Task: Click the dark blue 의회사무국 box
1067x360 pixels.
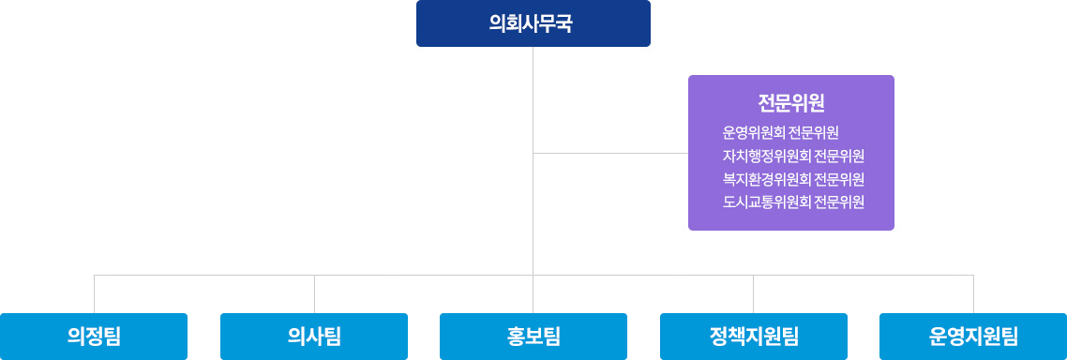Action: coord(533,23)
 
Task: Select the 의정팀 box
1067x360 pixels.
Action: coord(94,336)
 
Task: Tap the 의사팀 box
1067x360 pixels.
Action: coord(314,336)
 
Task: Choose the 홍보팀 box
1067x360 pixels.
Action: coord(533,336)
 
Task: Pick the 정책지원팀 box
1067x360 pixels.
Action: coord(754,336)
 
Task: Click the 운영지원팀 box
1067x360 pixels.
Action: coord(973,336)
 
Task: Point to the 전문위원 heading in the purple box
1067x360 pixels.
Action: coord(790,102)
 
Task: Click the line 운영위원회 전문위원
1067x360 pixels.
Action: coord(780,132)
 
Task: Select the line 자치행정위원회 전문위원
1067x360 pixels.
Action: coord(793,156)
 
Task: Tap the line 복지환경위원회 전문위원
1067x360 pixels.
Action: coord(793,179)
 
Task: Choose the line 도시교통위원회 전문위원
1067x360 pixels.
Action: coord(793,202)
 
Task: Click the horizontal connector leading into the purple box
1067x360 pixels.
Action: coord(610,153)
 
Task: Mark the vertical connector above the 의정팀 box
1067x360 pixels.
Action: coord(94,293)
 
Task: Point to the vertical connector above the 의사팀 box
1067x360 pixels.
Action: coord(314,293)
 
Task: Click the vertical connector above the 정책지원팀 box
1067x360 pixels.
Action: coord(754,293)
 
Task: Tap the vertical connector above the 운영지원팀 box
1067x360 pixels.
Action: coord(973,293)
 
